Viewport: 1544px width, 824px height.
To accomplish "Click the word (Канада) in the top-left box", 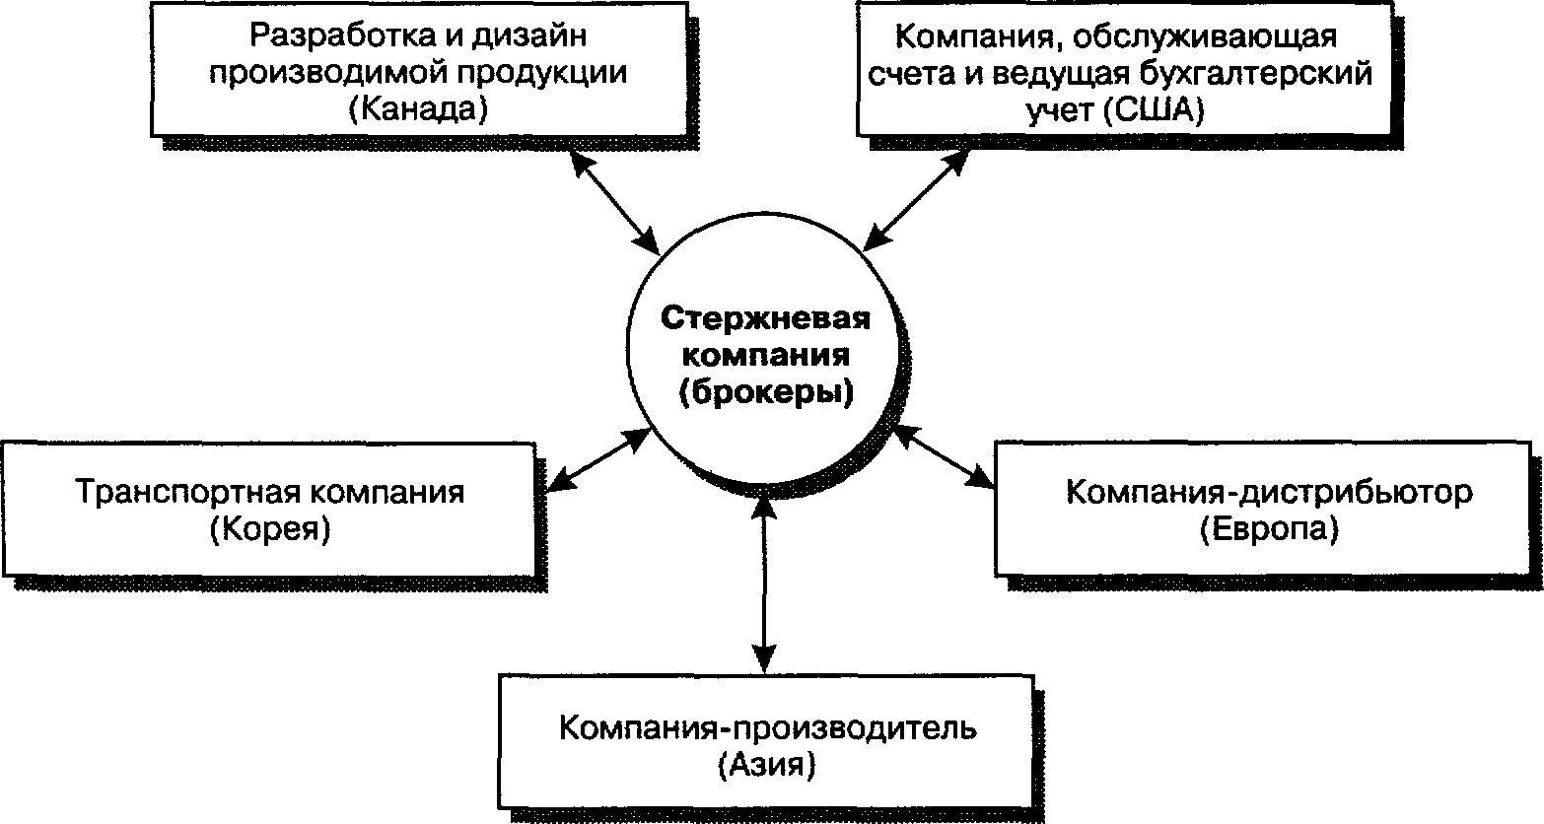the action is pos(418,109).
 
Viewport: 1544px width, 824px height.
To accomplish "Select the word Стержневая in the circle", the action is pos(766,318).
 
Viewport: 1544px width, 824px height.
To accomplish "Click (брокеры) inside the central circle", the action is pos(766,392).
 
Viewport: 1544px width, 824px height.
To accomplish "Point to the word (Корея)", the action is pos(270,529).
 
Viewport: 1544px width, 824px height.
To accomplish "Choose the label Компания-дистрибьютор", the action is pos(1269,492).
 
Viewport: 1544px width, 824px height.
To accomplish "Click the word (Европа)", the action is pos(1269,529).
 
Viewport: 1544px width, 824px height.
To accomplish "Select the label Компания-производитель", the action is pos(768,728).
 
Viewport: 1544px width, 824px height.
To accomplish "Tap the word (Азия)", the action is pos(766,766).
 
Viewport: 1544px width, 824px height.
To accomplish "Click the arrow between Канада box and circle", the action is pos(615,200).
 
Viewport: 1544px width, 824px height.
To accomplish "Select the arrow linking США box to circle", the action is pos(916,200).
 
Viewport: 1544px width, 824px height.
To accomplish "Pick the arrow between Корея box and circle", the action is pos(598,460).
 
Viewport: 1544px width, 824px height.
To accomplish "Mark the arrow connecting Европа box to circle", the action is pos(944,456).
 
